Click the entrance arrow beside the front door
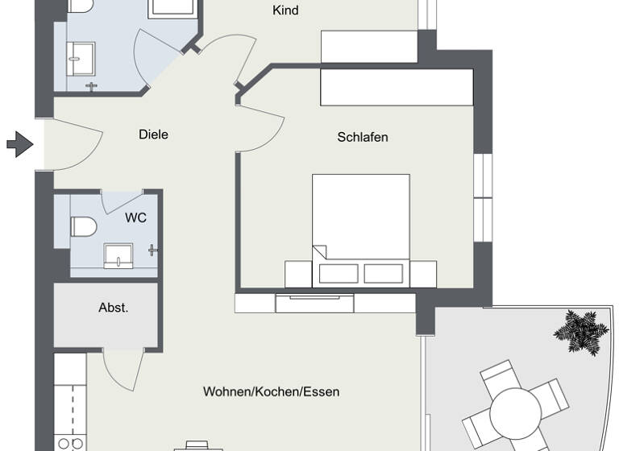tap(18, 145)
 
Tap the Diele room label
tap(153, 134)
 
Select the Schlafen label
tap(362, 137)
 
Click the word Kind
tap(286, 10)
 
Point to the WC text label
tap(135, 218)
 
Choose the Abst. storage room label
tap(114, 307)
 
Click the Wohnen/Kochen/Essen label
tap(271, 392)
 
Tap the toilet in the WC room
tap(83, 226)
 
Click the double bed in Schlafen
tap(361, 225)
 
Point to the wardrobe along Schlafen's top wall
tap(396, 87)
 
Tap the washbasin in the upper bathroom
tap(81, 53)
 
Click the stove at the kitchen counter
tap(69, 441)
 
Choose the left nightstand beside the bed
tap(297, 274)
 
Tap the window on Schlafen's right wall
tap(483, 197)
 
